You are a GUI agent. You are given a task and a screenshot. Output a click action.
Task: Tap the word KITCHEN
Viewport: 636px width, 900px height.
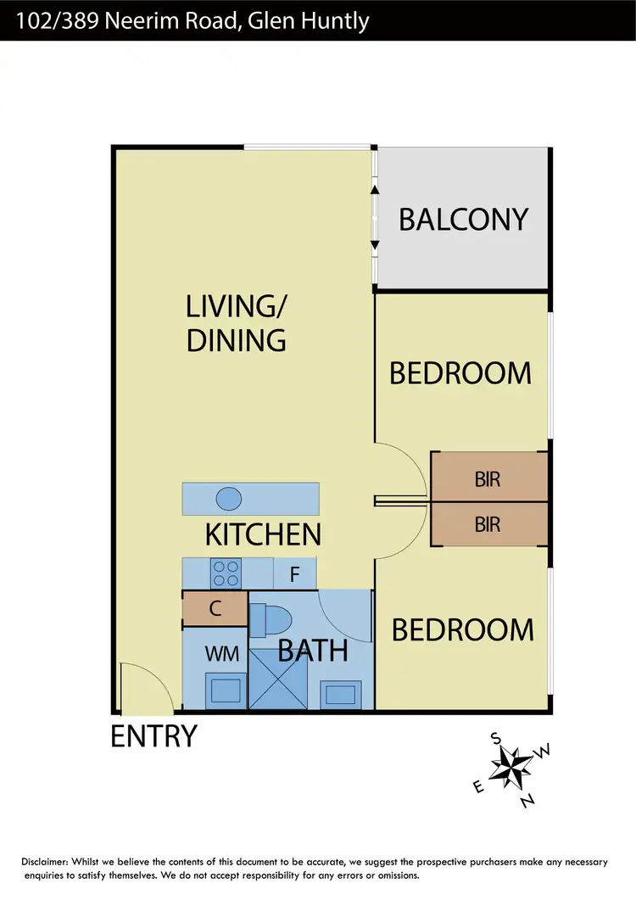(x=263, y=534)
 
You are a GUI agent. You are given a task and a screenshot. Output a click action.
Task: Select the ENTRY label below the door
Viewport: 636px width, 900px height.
(x=154, y=736)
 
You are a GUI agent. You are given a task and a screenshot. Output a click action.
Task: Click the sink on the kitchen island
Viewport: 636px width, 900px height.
(x=229, y=498)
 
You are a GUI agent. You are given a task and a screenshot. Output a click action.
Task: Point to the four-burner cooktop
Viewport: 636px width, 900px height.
(x=226, y=573)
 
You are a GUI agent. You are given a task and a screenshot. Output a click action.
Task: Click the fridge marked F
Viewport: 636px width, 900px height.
(x=294, y=573)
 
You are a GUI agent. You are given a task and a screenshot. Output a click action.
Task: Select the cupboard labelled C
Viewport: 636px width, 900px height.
(x=215, y=608)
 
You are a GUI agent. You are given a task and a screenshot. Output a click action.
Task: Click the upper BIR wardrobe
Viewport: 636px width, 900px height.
(x=488, y=478)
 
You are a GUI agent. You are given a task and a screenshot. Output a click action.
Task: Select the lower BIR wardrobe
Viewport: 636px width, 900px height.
(x=488, y=524)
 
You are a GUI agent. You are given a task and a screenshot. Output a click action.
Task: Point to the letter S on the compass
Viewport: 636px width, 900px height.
(x=496, y=738)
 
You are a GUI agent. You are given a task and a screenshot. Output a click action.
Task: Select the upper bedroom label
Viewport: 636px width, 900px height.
(x=460, y=373)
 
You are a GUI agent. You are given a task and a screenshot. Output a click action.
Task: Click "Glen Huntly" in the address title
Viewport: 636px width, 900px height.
(x=309, y=20)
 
